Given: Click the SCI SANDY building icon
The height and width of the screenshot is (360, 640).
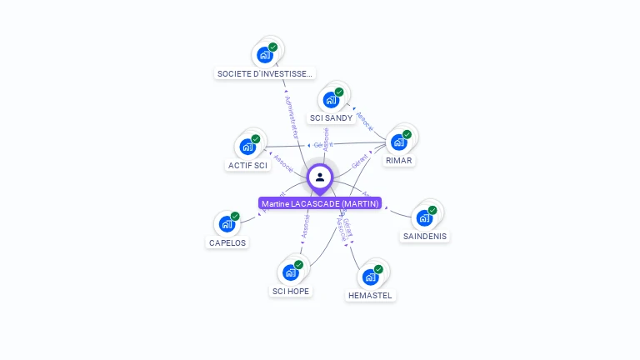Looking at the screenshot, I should pos(331,100).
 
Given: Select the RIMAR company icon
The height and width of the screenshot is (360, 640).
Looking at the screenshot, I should pos(399,142).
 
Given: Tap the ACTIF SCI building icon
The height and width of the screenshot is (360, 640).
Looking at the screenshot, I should pos(247,147).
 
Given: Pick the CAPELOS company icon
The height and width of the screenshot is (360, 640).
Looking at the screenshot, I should pos(227,224).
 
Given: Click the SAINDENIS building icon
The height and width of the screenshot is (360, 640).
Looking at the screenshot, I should pos(424,218).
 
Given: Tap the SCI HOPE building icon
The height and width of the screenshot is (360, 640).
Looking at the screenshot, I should pos(290,272).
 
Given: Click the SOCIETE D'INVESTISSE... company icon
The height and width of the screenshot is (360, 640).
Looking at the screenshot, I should pos(265,55).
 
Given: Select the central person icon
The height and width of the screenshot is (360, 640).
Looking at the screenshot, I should pos(320,177).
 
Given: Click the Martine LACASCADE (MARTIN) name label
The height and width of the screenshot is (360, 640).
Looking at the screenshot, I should pos(320,203).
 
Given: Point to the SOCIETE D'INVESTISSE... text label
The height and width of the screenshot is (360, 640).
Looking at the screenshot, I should pos(265,73).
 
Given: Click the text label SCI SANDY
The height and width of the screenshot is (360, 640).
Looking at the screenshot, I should pos(331,118).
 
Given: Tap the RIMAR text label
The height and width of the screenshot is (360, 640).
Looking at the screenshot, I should pos(399,160).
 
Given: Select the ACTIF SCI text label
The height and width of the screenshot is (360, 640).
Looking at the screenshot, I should pos(247,165).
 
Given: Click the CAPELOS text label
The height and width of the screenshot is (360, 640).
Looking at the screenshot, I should pos(227,242).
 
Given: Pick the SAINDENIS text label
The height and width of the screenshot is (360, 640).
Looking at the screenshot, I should pos(424,236).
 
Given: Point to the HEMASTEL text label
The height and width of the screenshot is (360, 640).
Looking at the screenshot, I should pos(370,295).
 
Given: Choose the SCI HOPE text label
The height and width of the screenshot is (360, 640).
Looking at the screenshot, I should pos(290,291).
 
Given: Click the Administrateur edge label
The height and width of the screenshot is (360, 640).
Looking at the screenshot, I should pos(291,117).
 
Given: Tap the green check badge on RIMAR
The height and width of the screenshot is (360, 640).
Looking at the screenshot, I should pos(407,134).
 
